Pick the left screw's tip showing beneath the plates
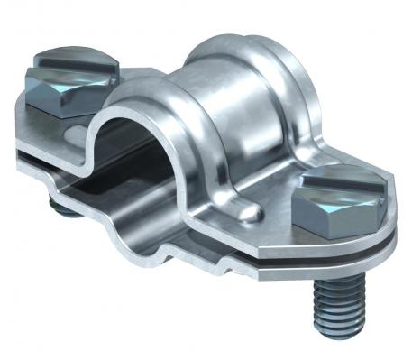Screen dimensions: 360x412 [x=60, y=209]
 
